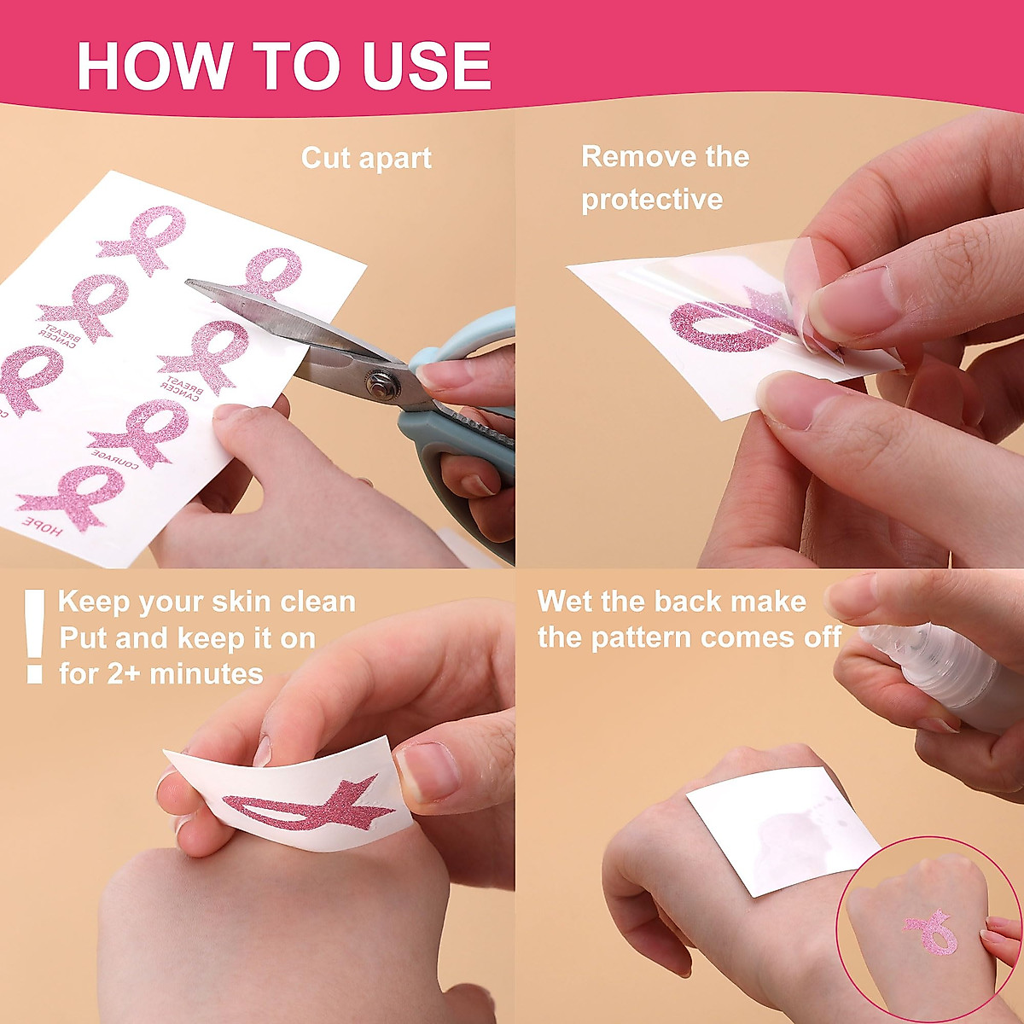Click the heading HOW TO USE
pos(283,65)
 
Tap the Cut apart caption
pos(366,159)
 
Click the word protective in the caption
pos(652,200)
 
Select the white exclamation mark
pos(34,636)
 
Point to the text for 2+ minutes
pos(161,674)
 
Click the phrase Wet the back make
pos(672,602)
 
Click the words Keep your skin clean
pos(207,602)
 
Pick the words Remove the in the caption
pos(665,157)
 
